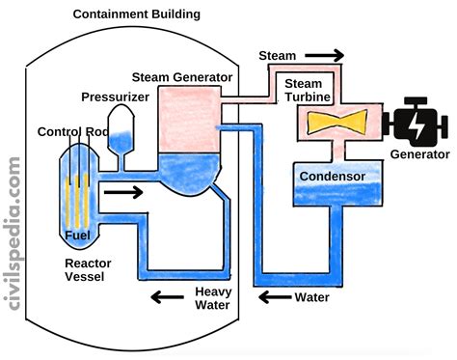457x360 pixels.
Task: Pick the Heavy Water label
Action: (211, 299)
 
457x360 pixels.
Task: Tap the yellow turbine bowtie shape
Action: (335, 124)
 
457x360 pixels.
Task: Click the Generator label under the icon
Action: (419, 154)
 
